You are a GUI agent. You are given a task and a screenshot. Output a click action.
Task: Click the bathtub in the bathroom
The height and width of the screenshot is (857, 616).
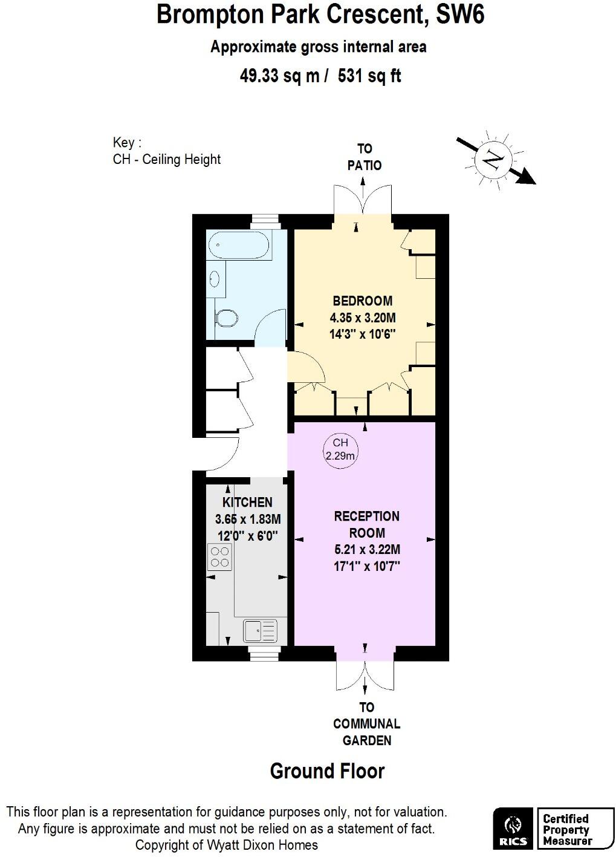click(239, 245)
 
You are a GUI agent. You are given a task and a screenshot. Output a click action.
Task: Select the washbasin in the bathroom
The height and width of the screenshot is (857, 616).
click(215, 279)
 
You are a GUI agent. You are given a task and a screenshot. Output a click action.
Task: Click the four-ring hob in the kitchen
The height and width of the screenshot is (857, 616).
click(219, 557)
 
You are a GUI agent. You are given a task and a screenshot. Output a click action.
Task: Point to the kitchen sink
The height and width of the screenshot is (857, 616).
click(260, 631)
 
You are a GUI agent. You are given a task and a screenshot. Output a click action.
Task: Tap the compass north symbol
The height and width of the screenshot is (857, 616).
click(494, 160)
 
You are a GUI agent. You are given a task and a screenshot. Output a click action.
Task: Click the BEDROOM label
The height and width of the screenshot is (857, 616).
click(363, 301)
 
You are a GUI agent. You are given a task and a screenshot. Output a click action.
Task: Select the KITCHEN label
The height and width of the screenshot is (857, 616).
click(247, 502)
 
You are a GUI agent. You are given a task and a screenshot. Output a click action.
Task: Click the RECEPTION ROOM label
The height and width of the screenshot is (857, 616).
click(367, 524)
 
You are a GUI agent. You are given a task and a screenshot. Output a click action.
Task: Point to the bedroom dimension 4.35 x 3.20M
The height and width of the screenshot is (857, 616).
click(363, 318)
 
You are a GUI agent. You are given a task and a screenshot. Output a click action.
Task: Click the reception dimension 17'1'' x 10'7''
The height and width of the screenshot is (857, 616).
click(367, 566)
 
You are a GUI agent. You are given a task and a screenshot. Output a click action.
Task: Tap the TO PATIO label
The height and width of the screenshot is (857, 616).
click(365, 157)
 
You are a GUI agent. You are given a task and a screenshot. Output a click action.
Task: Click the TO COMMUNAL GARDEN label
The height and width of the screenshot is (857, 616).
click(367, 723)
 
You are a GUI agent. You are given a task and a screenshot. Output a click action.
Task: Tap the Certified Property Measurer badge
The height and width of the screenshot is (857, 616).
click(566, 829)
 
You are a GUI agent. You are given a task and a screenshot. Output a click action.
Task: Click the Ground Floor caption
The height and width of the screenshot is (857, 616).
click(327, 771)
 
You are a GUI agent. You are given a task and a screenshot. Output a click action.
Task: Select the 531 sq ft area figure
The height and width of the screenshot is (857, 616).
click(369, 76)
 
